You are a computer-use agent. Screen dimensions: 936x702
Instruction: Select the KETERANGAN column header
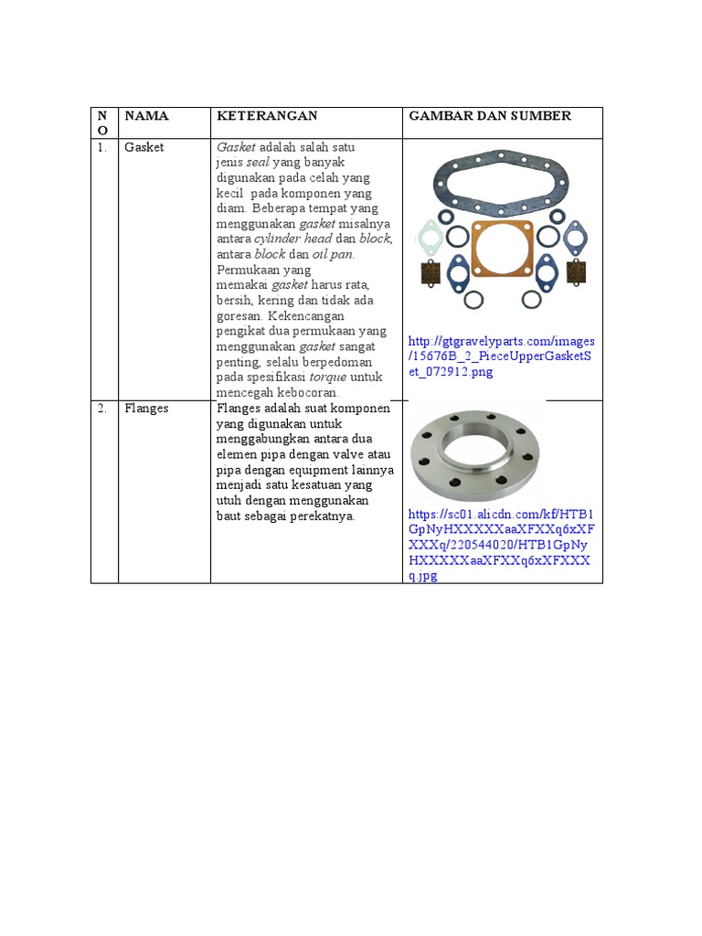click(266, 115)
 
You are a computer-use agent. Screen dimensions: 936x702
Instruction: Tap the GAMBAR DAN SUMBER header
click(490, 115)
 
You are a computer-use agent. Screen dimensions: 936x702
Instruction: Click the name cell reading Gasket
click(144, 147)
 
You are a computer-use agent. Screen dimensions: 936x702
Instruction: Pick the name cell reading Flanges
click(147, 409)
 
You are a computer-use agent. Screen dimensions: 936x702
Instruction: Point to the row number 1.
click(102, 147)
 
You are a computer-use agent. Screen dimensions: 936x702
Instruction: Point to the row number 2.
click(102, 409)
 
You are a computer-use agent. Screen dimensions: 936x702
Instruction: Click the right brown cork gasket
click(576, 271)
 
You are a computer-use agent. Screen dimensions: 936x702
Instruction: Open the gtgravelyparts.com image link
click(502, 357)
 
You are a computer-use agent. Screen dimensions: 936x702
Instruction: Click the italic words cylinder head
click(292, 239)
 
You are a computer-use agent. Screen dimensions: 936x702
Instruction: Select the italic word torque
click(327, 377)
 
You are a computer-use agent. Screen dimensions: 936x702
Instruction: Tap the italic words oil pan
click(334, 254)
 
